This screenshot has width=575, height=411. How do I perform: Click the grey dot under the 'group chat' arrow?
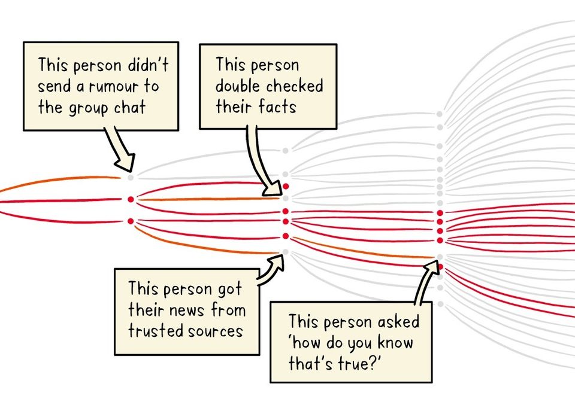[131, 177]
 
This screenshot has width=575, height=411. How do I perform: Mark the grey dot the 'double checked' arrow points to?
[286, 198]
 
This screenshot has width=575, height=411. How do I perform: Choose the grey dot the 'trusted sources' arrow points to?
[286, 252]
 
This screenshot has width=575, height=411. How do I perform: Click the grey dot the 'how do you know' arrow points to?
[440, 258]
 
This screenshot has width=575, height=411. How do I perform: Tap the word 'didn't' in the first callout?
[153, 65]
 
